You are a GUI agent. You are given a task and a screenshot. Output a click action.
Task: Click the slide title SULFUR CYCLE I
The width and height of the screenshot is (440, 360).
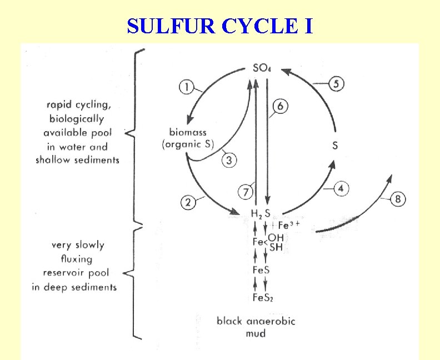point(220,26)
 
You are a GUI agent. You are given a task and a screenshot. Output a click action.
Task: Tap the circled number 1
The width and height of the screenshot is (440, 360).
point(187,87)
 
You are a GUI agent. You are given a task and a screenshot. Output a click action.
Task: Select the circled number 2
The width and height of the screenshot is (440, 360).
point(188,203)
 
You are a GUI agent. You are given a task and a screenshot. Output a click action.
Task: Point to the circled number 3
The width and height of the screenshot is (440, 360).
point(229,161)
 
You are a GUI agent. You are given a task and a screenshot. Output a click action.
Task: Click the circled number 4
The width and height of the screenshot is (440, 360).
point(341,189)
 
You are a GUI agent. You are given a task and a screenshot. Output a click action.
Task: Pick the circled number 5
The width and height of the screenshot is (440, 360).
point(337,84)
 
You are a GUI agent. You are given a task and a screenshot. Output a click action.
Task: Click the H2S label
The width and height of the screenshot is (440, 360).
point(260,214)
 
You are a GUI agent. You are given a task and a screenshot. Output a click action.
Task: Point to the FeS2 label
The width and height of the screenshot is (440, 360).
point(262,298)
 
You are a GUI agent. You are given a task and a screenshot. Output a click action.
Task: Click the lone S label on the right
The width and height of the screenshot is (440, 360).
point(335,146)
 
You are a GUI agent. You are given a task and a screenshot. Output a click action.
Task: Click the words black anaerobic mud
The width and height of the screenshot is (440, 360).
point(256,327)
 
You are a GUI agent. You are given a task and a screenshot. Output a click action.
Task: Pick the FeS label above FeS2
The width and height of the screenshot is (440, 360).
point(261,271)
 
